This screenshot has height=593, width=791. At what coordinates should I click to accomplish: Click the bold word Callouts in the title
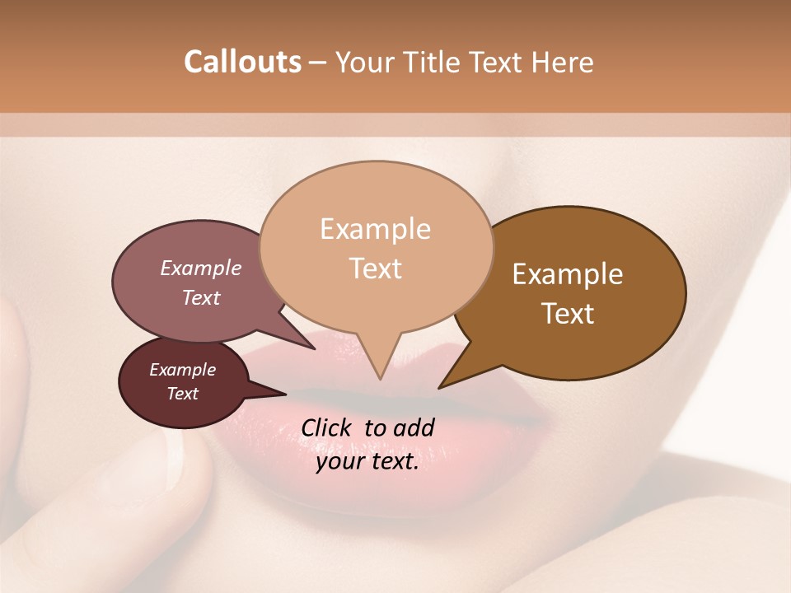click(242, 62)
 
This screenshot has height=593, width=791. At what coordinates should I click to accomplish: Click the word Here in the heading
click(562, 62)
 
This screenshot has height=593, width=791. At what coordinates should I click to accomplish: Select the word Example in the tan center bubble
click(375, 229)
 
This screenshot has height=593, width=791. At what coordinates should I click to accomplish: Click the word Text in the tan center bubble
click(375, 268)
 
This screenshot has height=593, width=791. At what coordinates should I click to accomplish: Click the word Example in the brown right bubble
click(568, 274)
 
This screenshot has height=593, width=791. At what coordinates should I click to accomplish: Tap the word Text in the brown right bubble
click(568, 314)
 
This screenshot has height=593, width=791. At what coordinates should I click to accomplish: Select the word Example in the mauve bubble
click(201, 268)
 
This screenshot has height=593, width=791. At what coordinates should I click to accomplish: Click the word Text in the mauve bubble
click(201, 297)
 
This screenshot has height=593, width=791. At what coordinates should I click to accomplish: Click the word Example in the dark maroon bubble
click(182, 370)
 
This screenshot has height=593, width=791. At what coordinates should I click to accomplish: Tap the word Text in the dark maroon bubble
click(182, 394)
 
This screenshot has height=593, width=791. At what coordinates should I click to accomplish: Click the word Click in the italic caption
click(327, 427)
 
